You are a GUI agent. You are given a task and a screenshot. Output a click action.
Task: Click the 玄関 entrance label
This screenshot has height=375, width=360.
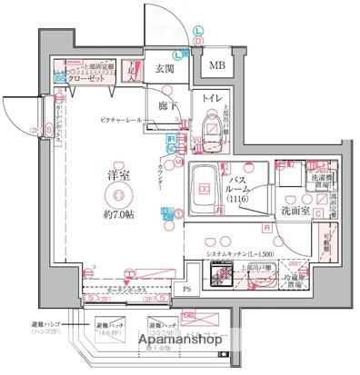pyautogui.click(x=164, y=69)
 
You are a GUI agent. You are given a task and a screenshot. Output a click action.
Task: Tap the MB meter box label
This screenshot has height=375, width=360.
pyautogui.click(x=217, y=66)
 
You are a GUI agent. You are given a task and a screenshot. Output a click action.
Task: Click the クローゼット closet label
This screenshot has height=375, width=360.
pyautogui.click(x=91, y=79)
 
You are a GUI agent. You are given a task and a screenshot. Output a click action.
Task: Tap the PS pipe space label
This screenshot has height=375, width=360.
pyautogui.click(x=187, y=291)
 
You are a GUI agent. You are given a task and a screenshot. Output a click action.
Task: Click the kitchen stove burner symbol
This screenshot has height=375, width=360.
pyautogui.click(x=222, y=273)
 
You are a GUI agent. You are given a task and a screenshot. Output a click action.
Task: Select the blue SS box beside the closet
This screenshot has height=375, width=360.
pyautogui.click(x=59, y=79)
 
